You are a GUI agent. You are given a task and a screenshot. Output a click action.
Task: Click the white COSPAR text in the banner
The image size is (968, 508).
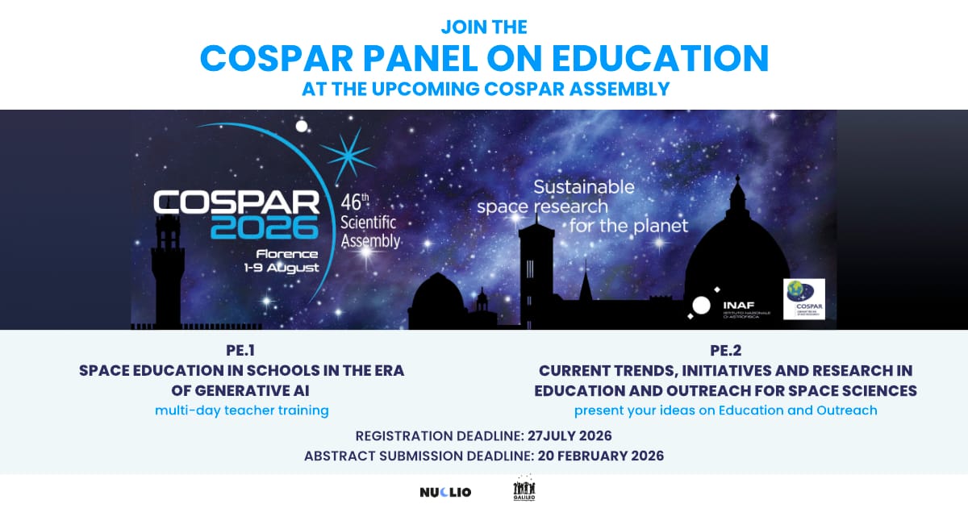click(236, 202)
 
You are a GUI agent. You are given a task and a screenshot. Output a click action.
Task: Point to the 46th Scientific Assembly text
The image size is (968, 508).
click(369, 219)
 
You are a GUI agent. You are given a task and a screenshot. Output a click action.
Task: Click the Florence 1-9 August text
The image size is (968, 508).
click(282, 260)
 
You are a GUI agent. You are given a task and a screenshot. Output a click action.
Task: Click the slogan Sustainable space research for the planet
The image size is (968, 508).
click(582, 206)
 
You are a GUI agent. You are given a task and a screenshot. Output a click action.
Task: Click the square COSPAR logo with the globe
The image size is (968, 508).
click(804, 299)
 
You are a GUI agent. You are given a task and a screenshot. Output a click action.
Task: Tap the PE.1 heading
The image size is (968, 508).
click(241, 352)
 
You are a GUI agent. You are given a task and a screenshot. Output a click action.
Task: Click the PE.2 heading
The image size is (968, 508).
click(725, 352)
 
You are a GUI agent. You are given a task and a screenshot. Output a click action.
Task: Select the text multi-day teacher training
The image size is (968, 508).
click(241, 410)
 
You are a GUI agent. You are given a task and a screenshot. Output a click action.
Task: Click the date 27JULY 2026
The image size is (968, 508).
click(570, 435)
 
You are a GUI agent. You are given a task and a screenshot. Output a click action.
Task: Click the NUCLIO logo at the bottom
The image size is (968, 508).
click(445, 492)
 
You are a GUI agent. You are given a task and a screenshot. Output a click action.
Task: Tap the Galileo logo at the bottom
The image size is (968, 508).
click(524, 490)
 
